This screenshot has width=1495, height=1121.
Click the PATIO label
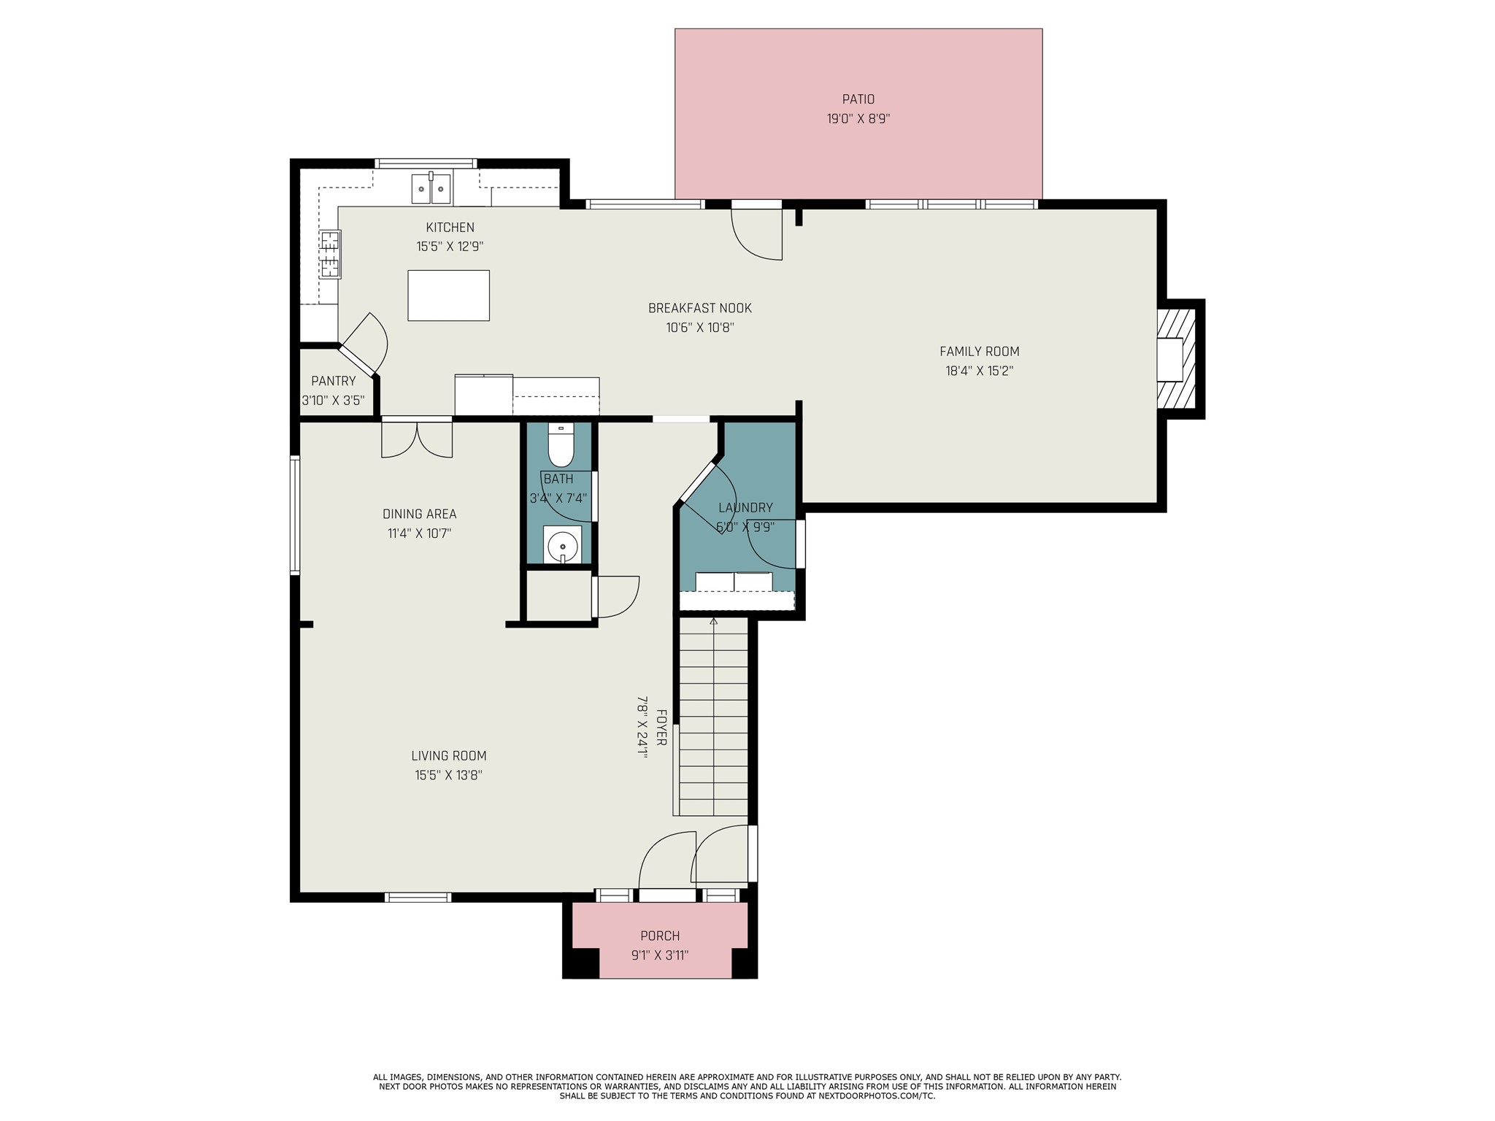pos(858,99)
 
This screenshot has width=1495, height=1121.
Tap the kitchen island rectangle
pos(448,295)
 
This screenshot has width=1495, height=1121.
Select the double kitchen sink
pos(431,188)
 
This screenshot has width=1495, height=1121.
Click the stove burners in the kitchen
pos(330,254)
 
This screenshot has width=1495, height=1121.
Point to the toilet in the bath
pos(561,447)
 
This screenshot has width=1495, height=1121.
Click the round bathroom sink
pos(562,545)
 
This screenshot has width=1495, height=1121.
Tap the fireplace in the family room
pos(1175,358)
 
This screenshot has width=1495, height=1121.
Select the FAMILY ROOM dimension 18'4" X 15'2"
pos(979,371)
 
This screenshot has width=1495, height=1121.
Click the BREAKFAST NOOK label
pos(699,308)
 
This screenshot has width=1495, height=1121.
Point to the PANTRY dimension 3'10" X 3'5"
pos(333,400)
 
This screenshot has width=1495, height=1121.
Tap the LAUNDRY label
pos(745,508)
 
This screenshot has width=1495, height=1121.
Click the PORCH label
pos(659,936)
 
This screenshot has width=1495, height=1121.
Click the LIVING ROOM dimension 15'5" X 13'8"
pos(448,775)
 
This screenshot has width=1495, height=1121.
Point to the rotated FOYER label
pos(661,727)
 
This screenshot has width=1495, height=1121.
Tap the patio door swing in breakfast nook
pos(758,234)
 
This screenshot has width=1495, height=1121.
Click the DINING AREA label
pos(419,514)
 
